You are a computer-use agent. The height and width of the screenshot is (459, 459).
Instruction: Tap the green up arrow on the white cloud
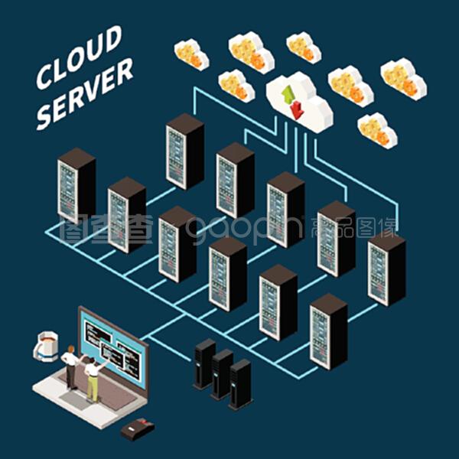coord(288,95)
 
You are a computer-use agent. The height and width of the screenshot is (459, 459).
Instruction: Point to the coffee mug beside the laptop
coord(47,343)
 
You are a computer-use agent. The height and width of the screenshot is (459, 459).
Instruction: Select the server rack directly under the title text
coord(76,184)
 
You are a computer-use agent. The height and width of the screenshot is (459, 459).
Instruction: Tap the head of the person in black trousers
coord(71,350)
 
